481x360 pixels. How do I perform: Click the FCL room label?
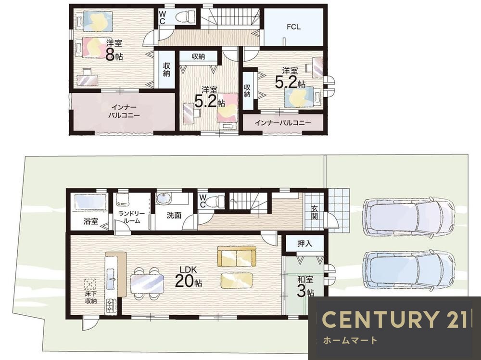click(293, 27)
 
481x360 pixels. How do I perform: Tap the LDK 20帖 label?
click(189, 277)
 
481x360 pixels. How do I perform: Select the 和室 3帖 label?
click(305, 287)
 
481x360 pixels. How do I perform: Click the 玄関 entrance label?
click(314, 212)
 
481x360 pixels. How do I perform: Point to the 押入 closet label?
click(304, 244)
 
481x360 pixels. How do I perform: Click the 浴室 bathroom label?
click(91, 221)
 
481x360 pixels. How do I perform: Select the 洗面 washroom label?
click(174, 215)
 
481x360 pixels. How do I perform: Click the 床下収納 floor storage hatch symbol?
click(90, 284)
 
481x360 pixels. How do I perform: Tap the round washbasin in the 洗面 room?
click(163, 199)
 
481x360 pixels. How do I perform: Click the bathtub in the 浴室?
click(91, 202)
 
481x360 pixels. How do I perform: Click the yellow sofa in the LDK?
click(237, 256)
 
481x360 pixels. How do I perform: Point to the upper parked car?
click(408, 216)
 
